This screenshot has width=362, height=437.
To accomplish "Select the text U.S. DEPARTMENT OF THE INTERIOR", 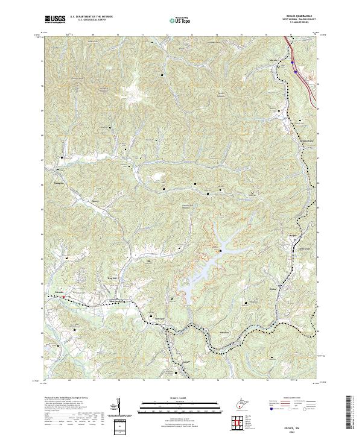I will (x=91, y=17).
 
